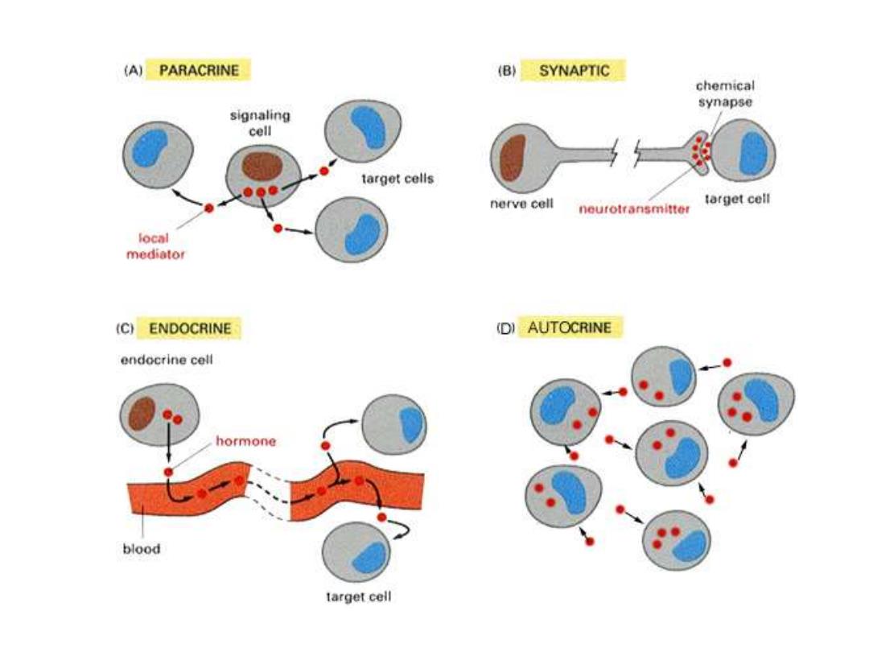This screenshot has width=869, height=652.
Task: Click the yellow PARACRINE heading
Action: (199, 70)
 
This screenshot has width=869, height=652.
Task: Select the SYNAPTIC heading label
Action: (574, 70)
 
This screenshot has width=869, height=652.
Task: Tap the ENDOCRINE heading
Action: (190, 328)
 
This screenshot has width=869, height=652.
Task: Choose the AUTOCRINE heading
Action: (569, 327)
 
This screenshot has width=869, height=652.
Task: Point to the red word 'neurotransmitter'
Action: (635, 209)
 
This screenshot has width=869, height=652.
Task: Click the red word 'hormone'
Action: (245, 441)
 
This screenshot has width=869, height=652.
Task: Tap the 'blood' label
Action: (142, 549)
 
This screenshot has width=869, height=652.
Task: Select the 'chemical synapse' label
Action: (725, 94)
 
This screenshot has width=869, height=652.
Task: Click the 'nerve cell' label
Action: (521, 204)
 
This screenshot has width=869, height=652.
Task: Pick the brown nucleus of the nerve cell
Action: (512, 158)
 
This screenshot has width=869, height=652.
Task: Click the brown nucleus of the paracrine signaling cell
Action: (262, 167)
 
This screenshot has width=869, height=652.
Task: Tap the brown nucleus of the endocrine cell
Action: (142, 413)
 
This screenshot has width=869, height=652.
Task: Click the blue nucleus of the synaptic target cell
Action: (754, 153)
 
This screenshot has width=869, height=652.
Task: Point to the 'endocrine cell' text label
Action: (167, 360)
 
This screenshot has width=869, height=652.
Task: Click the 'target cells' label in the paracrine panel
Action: (397, 179)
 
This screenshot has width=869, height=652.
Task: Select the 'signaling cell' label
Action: (260, 123)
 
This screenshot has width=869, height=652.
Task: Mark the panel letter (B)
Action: (507, 71)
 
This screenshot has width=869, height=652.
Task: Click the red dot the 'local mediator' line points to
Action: (209, 208)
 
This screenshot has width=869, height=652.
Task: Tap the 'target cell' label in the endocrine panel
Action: (359, 597)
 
